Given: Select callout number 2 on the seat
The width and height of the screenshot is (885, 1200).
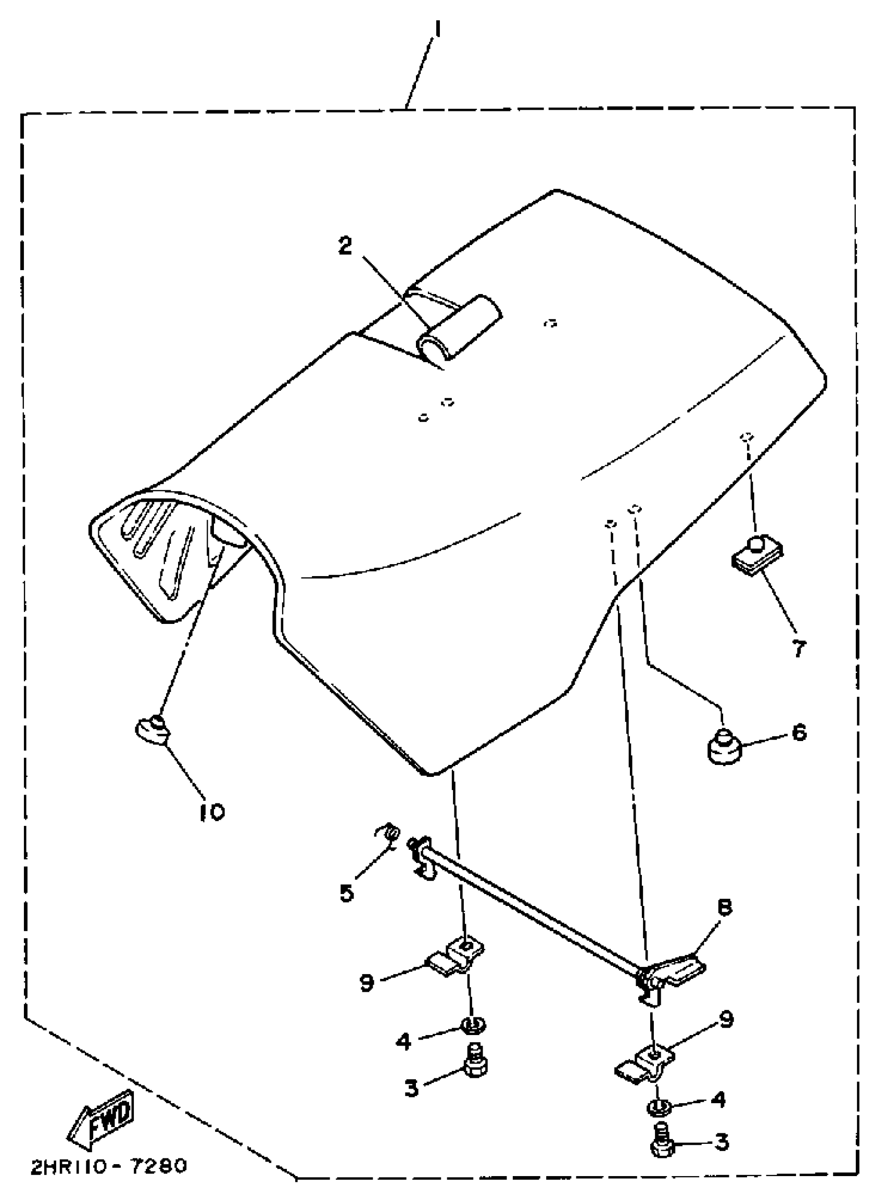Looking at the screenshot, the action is tap(346, 245).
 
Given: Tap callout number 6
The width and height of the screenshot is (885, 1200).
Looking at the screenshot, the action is tap(799, 732).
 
